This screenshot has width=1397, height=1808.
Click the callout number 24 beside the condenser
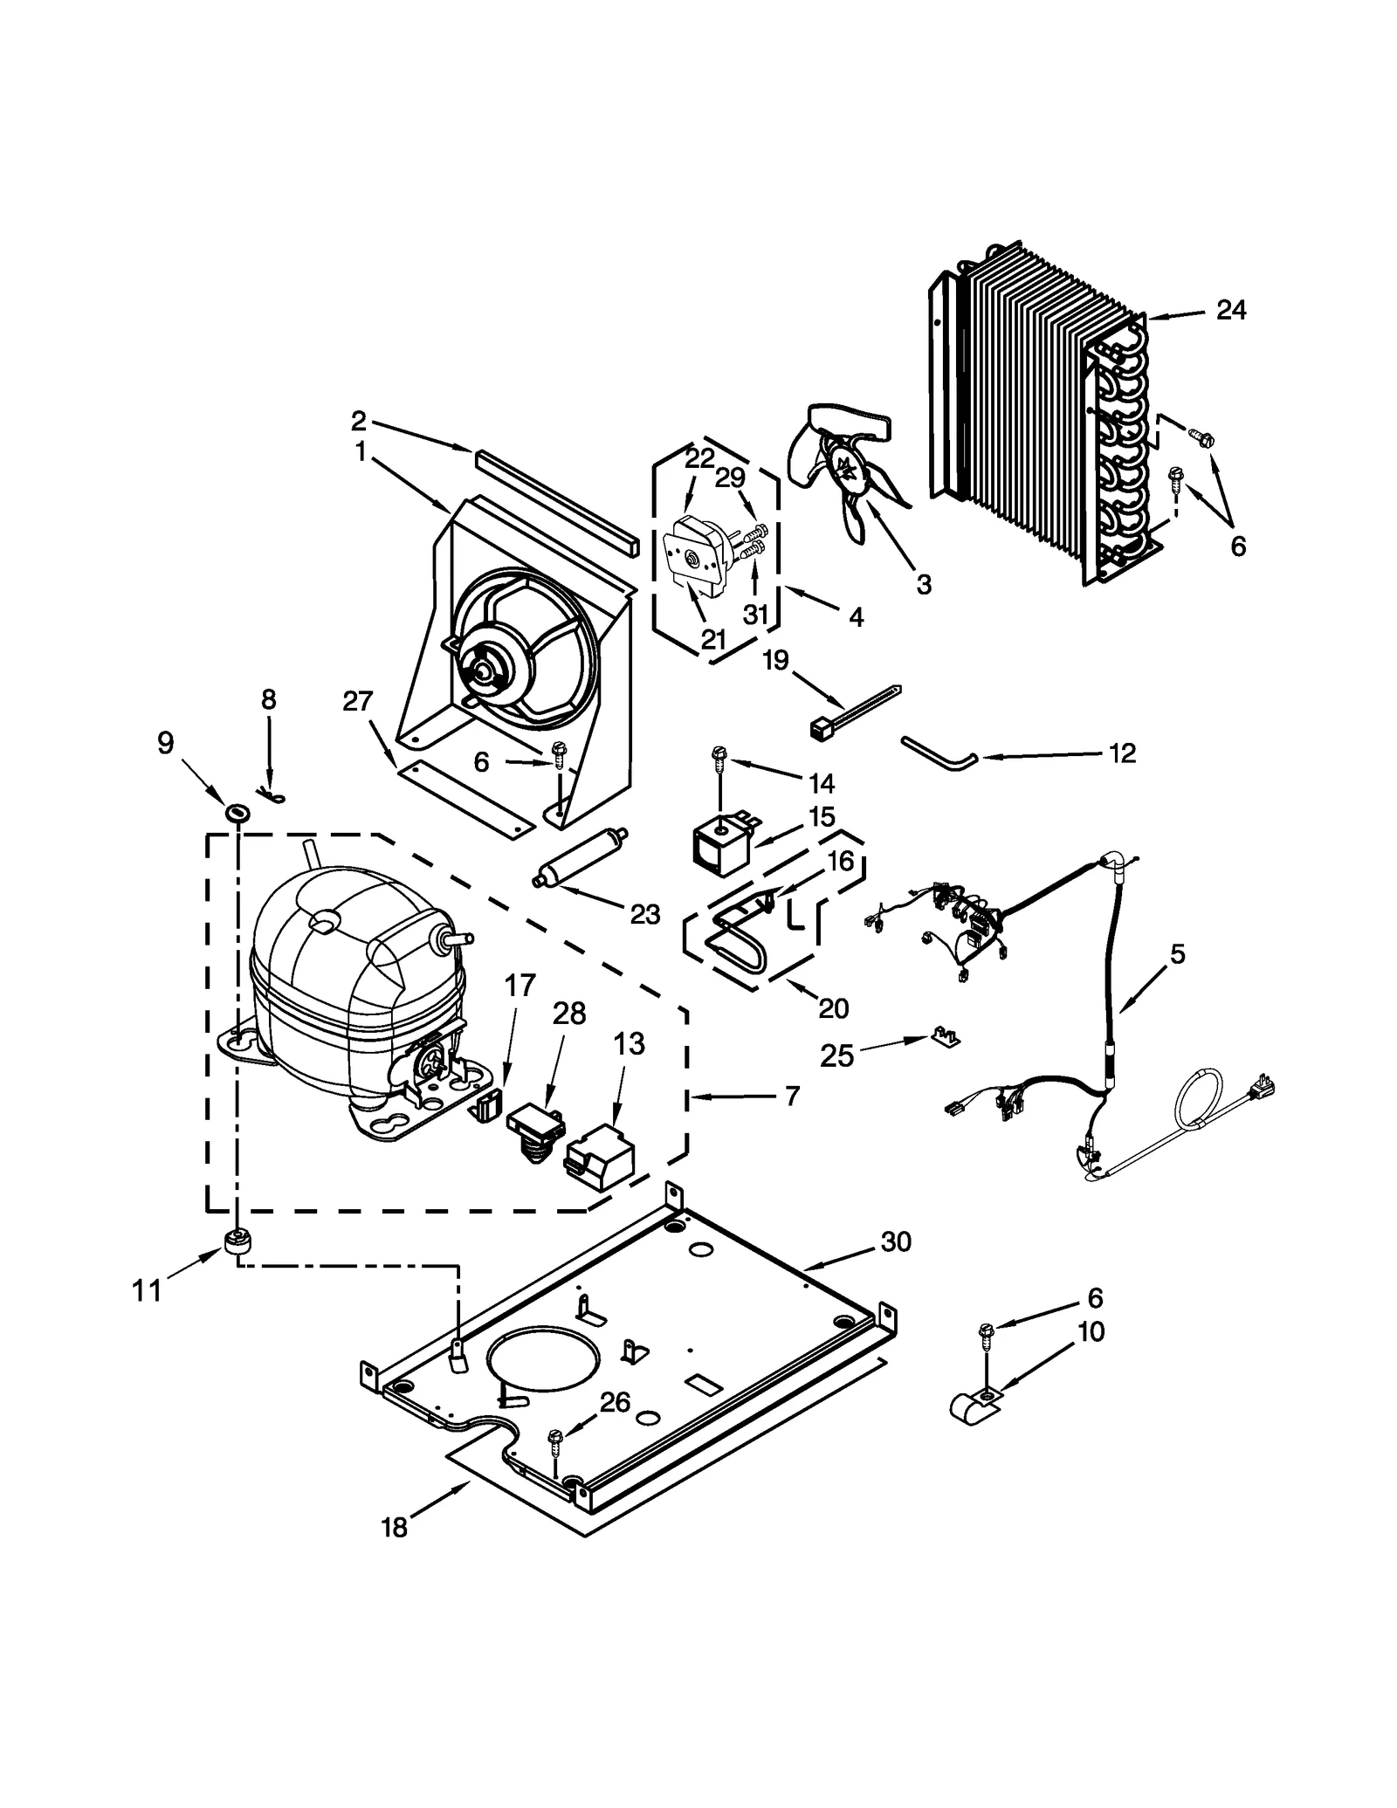1230,310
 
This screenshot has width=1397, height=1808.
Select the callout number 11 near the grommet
148,1289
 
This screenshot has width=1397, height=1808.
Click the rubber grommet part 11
237,1241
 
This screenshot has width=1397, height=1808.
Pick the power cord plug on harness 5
1264,1087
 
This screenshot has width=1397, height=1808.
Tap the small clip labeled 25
945,1037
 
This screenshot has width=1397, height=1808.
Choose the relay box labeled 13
602,1155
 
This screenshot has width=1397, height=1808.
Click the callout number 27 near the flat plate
358,701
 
